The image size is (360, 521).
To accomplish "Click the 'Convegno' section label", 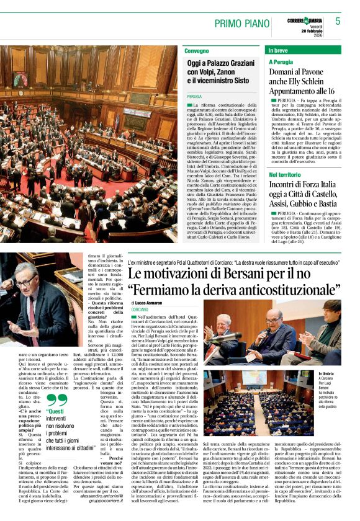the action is tap(197, 50).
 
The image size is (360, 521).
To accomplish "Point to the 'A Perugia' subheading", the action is tap(281, 62).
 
